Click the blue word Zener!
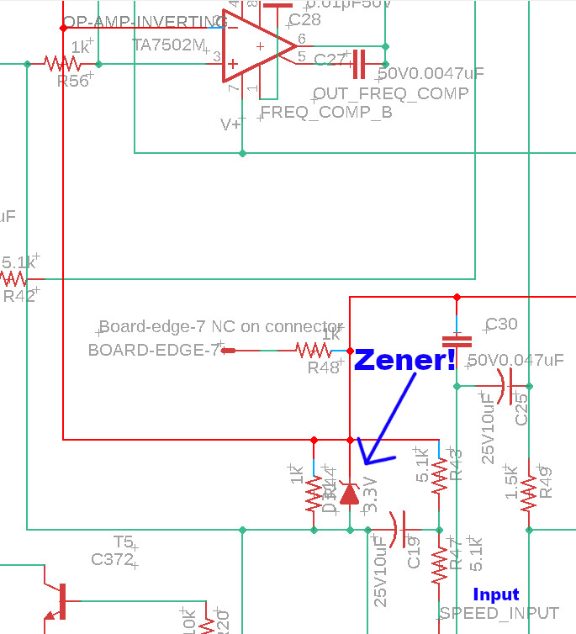coord(404,360)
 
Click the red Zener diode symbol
coord(350,493)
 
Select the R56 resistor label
coord(72,82)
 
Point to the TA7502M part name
coord(168,44)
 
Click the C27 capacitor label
coord(329,60)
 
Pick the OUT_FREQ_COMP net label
coord(390,93)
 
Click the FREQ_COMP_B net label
coord(326,112)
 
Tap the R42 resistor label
coord(19,296)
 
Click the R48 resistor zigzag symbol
coord(312,350)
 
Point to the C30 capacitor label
coord(501,325)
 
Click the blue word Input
coord(495,594)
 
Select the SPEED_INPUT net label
coord(499,613)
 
